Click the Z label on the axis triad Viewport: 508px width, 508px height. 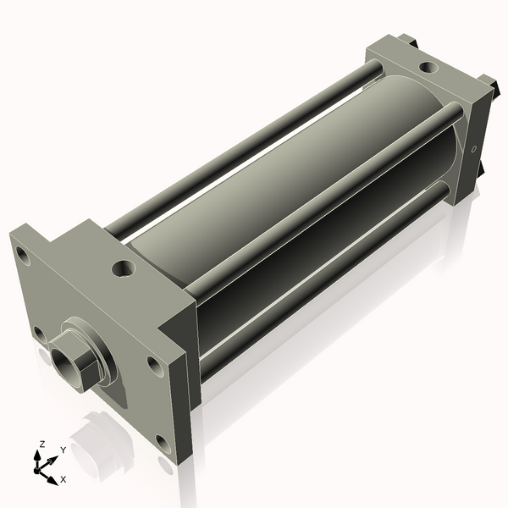pyautogui.click(x=41, y=444)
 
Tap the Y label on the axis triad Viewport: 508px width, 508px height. pyautogui.click(x=63, y=450)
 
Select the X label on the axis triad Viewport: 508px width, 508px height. pyautogui.click(x=63, y=479)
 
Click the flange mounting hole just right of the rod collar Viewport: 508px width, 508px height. pyautogui.click(x=153, y=365)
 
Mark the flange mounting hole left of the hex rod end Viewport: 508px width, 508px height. pyautogui.click(x=37, y=332)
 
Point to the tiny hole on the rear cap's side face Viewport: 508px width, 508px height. pyautogui.click(x=474, y=151)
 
